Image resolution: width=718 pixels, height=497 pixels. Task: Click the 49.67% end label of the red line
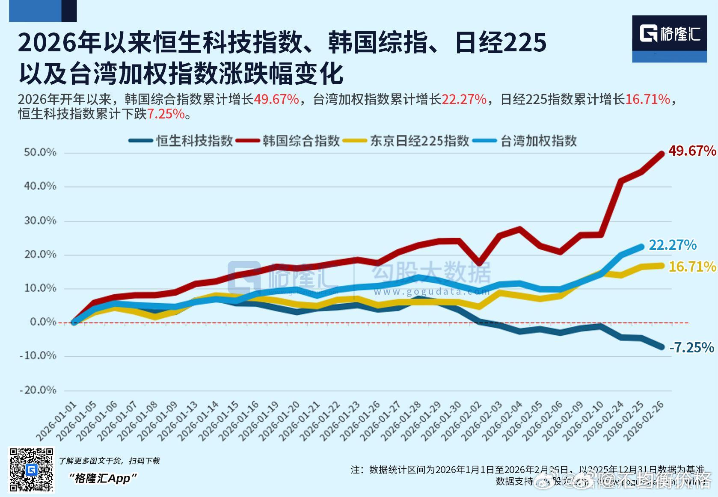point(691,151)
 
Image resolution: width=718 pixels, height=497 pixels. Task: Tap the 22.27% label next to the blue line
point(672,245)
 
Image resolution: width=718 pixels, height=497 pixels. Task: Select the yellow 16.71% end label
point(691,267)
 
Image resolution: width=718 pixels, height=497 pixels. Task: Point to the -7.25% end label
point(691,347)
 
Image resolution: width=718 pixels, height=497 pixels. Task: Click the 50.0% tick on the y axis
point(40,153)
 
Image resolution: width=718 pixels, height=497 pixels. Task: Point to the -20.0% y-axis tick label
point(38,390)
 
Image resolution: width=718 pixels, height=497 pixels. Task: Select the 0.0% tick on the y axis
point(43,322)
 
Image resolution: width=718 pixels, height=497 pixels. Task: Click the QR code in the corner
point(32,469)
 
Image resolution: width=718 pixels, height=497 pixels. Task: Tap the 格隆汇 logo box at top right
point(669,39)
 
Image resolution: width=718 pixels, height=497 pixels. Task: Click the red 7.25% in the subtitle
point(166,114)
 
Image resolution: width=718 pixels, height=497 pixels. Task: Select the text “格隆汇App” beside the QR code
point(103,478)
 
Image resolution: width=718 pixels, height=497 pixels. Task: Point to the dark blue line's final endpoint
point(661,347)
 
